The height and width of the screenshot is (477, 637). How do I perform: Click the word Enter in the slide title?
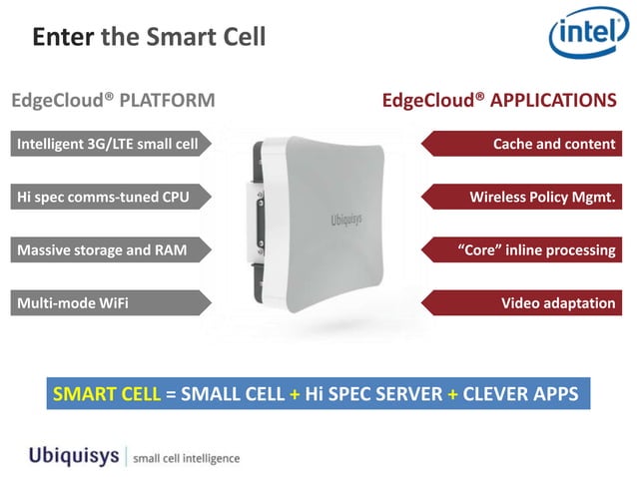tap(63, 38)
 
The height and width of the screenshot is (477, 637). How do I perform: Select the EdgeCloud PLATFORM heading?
tap(113, 101)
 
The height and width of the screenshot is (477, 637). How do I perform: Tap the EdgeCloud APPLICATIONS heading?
tap(498, 101)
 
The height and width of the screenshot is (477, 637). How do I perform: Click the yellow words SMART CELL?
tap(106, 393)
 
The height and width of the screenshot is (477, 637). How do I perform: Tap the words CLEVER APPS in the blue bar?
tap(519, 393)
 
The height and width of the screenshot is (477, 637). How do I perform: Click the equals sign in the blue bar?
tap(171, 393)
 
